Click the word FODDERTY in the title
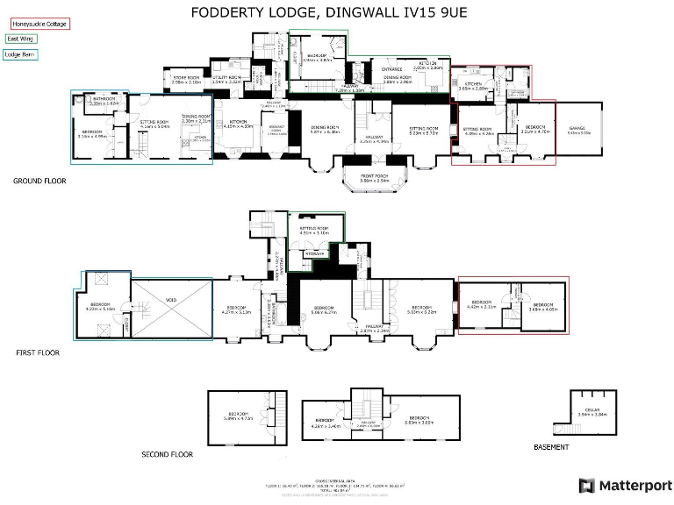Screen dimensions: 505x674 tap(229, 11)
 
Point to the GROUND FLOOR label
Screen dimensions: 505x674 tap(39, 181)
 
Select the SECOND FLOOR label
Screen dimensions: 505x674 tap(167, 454)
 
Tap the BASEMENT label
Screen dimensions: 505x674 tap(551, 447)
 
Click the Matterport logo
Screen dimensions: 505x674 tap(625, 485)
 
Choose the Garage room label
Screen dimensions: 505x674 tap(579, 129)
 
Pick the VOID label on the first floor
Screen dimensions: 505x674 tap(171, 301)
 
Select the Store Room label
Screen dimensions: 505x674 tap(186, 80)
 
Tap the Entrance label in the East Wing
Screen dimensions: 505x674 tap(391, 68)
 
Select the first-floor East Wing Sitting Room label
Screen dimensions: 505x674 tap(313, 230)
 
